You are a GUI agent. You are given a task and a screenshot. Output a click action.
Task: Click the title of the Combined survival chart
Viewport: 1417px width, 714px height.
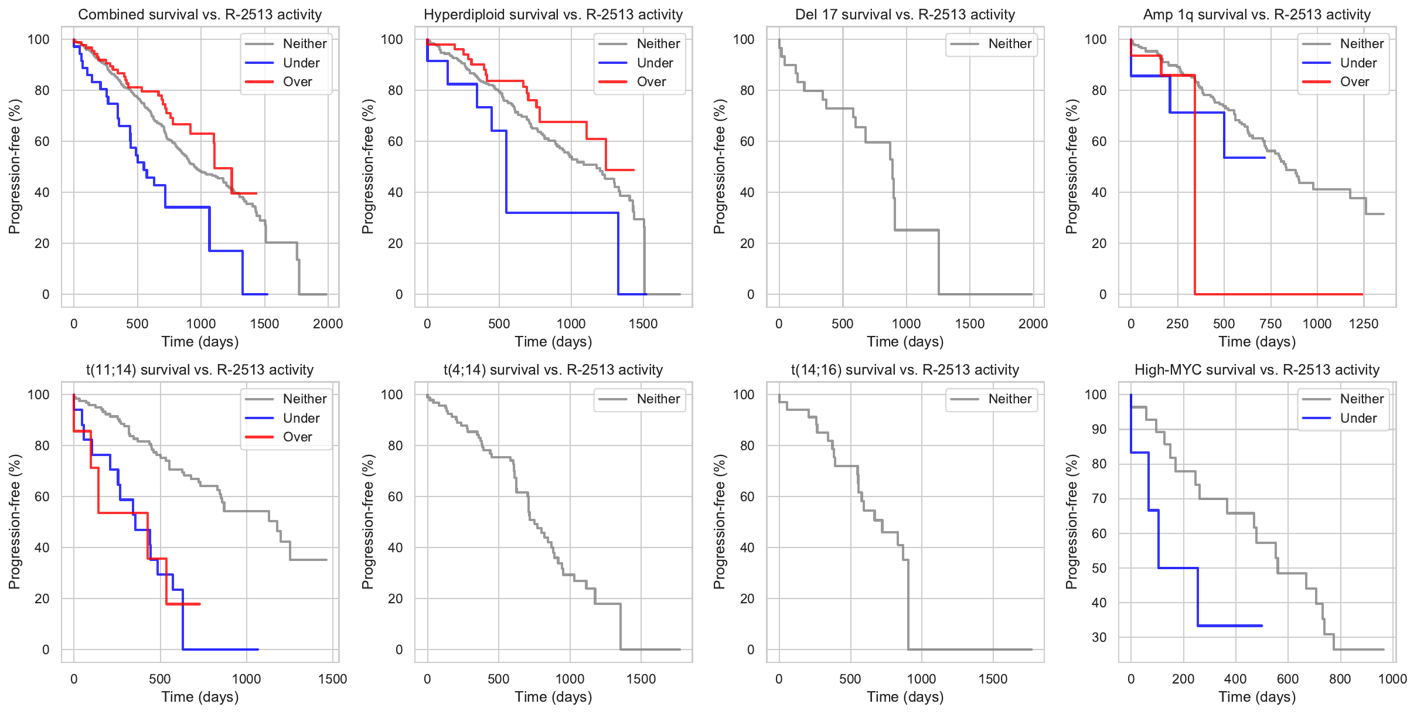click(x=200, y=15)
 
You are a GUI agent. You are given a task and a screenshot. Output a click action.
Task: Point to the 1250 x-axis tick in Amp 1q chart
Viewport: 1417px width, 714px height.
click(x=1363, y=324)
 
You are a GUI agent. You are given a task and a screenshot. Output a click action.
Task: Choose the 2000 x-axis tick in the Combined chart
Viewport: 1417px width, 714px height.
click(x=328, y=324)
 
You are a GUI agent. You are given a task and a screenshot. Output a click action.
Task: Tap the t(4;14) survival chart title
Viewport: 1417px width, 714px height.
click(x=553, y=370)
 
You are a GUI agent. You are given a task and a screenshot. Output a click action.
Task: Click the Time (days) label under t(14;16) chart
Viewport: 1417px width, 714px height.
click(x=905, y=696)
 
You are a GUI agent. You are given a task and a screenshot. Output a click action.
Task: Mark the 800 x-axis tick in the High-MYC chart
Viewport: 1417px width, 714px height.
click(x=1340, y=679)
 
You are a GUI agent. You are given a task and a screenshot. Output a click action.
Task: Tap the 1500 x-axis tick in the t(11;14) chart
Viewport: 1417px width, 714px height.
click(x=332, y=679)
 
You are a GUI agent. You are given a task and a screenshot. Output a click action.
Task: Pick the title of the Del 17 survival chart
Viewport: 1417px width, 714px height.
click(x=905, y=15)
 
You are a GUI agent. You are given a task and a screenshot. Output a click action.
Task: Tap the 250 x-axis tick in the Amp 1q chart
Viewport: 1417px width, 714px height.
click(x=1177, y=324)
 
